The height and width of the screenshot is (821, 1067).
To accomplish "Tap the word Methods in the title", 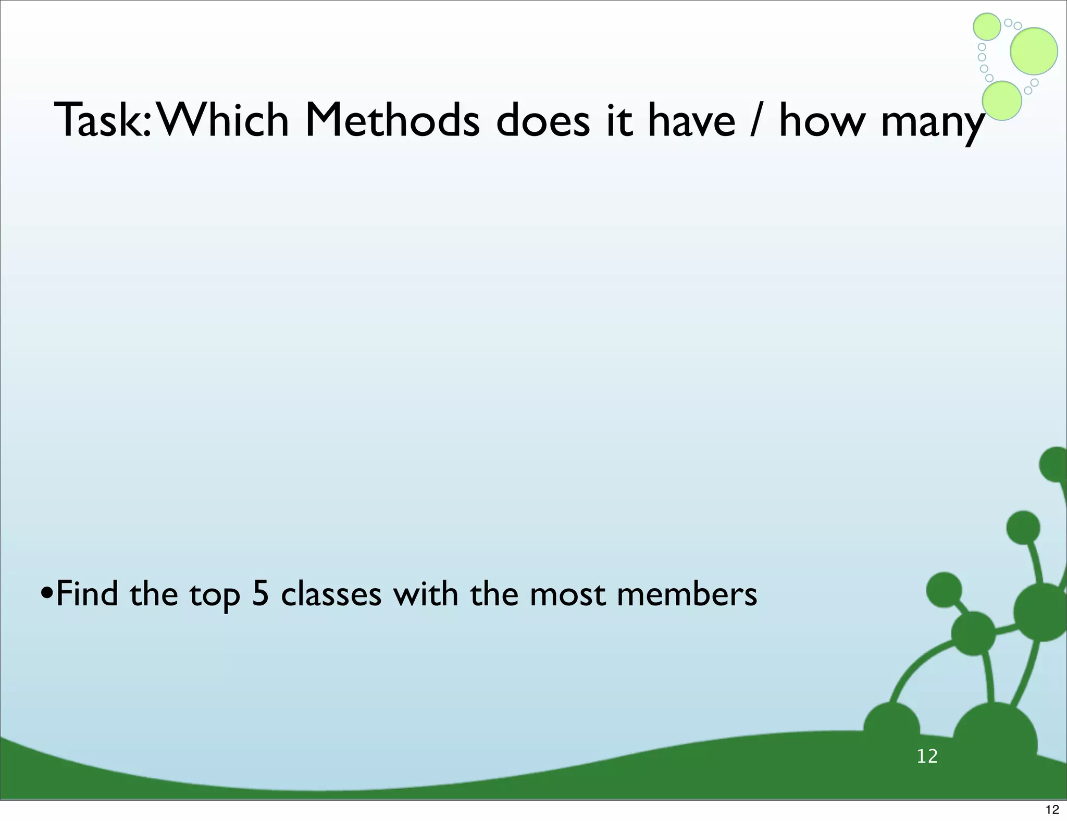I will (x=392, y=121).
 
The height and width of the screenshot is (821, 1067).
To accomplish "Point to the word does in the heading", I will (x=543, y=121).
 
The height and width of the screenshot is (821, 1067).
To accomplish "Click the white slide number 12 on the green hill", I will (x=927, y=756).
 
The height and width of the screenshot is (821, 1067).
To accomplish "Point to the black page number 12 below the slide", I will (x=1052, y=810).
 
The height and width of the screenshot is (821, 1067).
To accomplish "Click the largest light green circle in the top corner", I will (x=1034, y=51).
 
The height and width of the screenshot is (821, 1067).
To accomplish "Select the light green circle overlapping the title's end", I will (x=1001, y=101).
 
